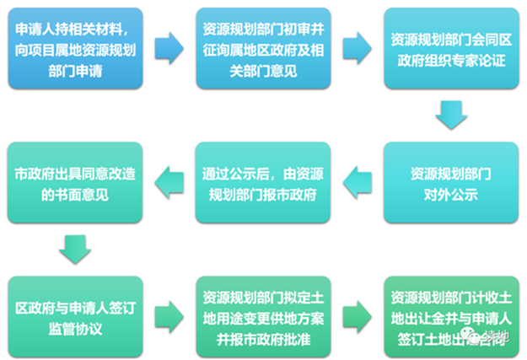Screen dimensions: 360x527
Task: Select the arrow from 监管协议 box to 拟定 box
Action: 169,313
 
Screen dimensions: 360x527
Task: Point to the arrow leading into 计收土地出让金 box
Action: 357,313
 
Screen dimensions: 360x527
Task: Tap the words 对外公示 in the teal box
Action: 450,194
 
